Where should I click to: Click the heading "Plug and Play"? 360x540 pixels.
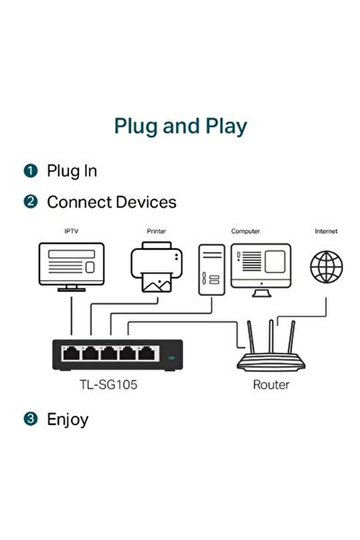click(x=180, y=125)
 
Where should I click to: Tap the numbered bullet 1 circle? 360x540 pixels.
click(x=31, y=171)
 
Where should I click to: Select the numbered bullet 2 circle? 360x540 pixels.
click(x=31, y=202)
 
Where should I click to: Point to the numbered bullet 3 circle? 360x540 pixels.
click(x=31, y=419)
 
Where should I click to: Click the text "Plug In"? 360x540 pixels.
click(x=72, y=171)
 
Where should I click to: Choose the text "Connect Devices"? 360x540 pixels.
click(x=111, y=202)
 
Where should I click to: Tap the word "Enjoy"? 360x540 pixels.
click(x=67, y=419)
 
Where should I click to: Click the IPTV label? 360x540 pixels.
click(x=72, y=232)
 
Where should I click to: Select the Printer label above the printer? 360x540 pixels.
click(x=156, y=232)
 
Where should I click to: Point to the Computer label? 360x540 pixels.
click(x=245, y=232)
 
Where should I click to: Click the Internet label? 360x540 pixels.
click(x=326, y=232)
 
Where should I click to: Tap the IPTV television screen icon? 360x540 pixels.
click(x=72, y=264)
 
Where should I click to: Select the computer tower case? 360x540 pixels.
click(x=210, y=268)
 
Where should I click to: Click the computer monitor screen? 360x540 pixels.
click(x=261, y=263)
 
